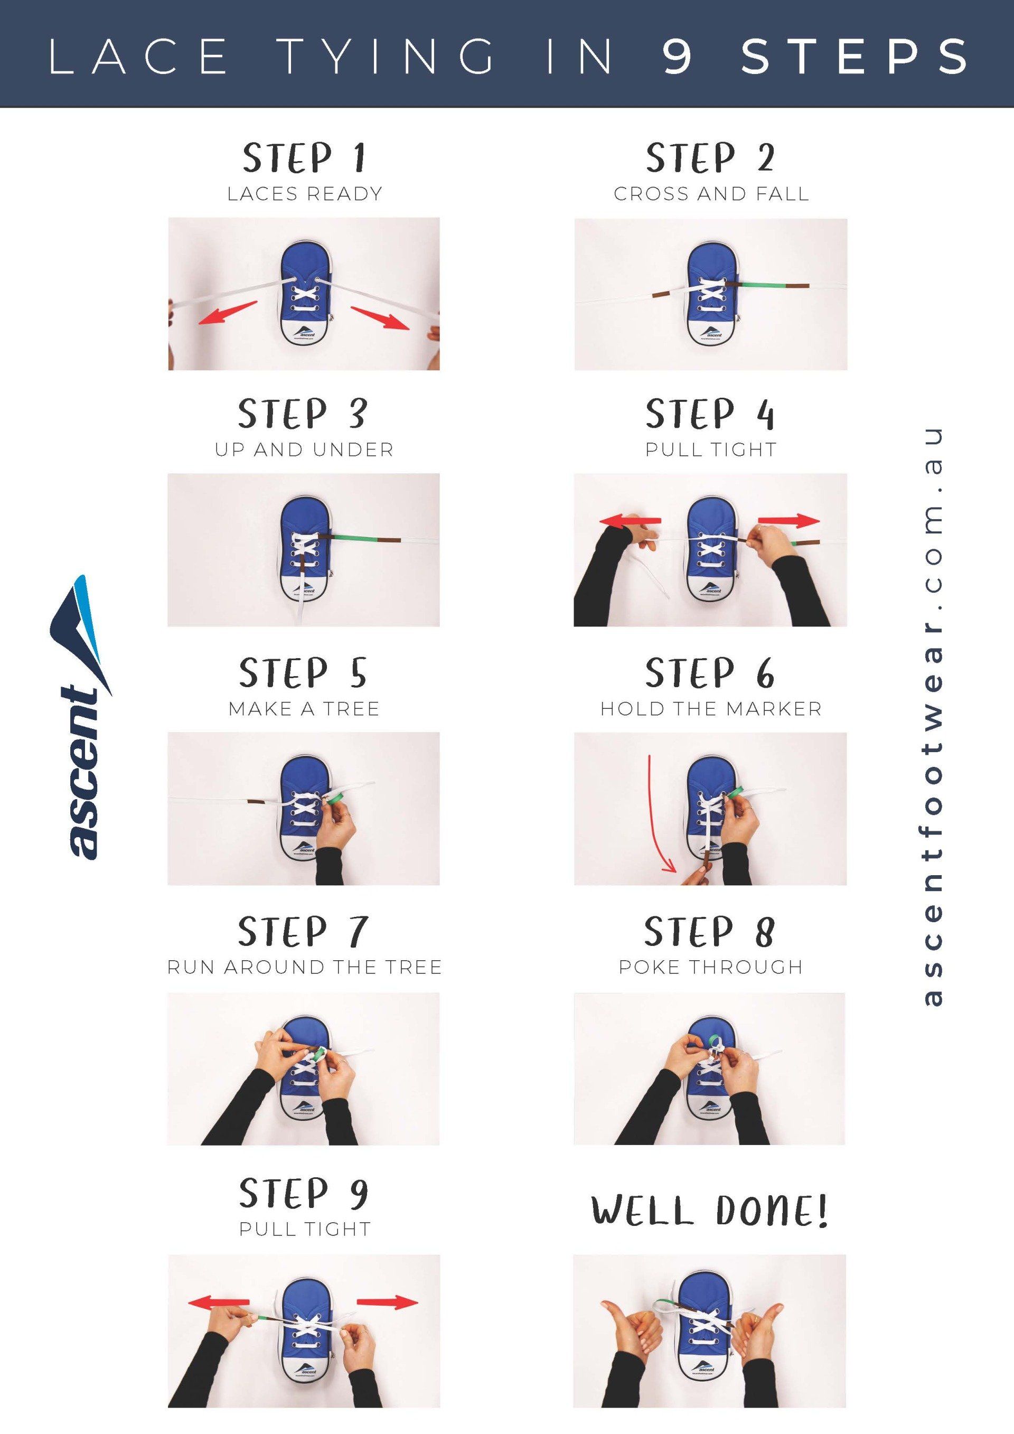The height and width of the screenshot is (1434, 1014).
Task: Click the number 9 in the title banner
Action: click(x=677, y=56)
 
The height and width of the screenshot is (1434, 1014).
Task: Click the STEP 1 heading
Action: click(x=304, y=157)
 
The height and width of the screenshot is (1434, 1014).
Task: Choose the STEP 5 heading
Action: click(x=303, y=673)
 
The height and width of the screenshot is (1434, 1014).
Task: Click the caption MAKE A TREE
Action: click(x=304, y=709)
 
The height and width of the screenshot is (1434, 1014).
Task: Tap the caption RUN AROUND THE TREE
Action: click(x=304, y=968)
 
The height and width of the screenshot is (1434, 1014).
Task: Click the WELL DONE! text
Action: click(x=709, y=1211)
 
